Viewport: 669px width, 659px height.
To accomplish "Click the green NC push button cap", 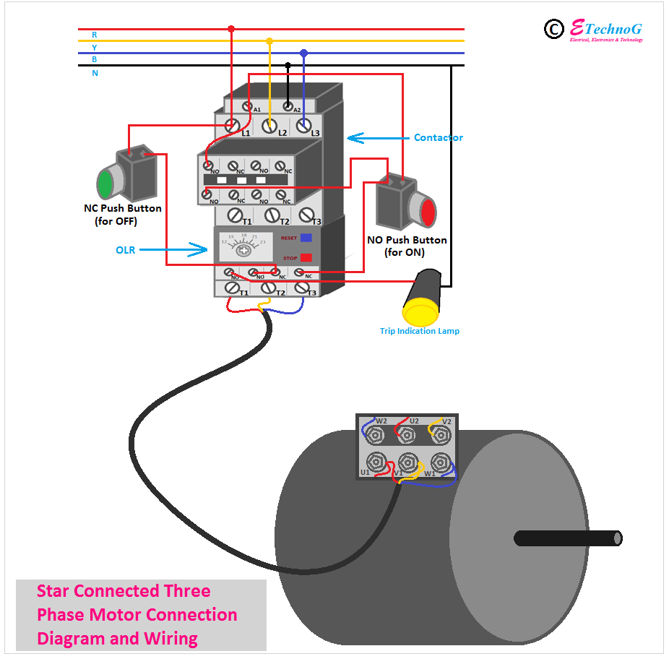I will [105, 183].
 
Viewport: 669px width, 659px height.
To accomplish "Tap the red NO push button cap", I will [428, 212].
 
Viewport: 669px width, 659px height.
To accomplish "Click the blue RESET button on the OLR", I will [306, 237].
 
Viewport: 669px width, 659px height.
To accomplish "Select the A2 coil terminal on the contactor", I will [288, 107].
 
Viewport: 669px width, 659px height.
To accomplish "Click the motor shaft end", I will [616, 538].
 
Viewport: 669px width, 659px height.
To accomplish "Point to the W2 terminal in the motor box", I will [374, 434].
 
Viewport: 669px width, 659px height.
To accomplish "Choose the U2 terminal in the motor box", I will [407, 434].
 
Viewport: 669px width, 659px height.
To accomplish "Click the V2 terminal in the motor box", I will [439, 434].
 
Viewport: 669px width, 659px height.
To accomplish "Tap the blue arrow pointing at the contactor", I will [375, 137].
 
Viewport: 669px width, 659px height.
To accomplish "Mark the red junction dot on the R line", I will [231, 30].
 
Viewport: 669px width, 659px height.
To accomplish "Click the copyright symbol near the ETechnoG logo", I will [553, 29].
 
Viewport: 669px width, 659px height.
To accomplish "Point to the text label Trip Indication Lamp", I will [420, 331].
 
